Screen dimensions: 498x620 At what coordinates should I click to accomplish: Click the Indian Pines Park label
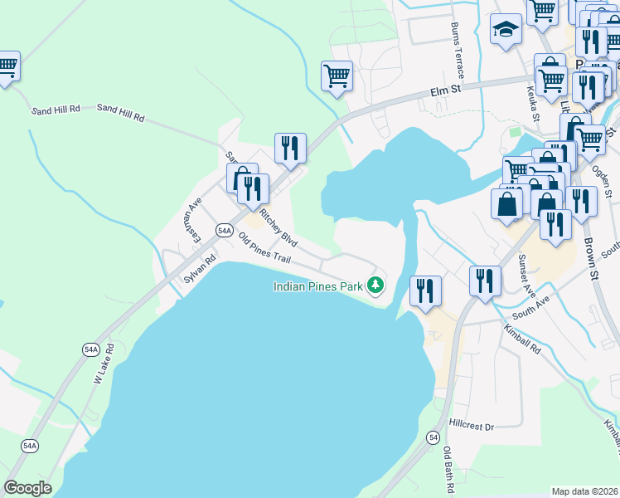click(319, 286)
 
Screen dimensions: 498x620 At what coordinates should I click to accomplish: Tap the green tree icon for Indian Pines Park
click(376, 286)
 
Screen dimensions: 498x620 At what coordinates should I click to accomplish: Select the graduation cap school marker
click(504, 32)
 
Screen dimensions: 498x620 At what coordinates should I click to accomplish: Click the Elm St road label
click(444, 93)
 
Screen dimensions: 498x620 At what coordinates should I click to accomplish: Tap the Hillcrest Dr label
click(471, 426)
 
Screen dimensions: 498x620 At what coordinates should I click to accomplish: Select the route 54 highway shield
click(433, 437)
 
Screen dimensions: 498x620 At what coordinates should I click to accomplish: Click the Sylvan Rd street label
click(200, 270)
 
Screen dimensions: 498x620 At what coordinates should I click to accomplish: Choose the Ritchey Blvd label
click(278, 227)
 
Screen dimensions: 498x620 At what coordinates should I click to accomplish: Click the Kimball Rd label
click(523, 340)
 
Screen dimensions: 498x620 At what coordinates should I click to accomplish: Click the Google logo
click(27, 488)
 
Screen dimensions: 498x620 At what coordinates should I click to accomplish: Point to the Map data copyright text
click(585, 491)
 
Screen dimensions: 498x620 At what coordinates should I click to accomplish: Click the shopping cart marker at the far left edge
click(7, 66)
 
